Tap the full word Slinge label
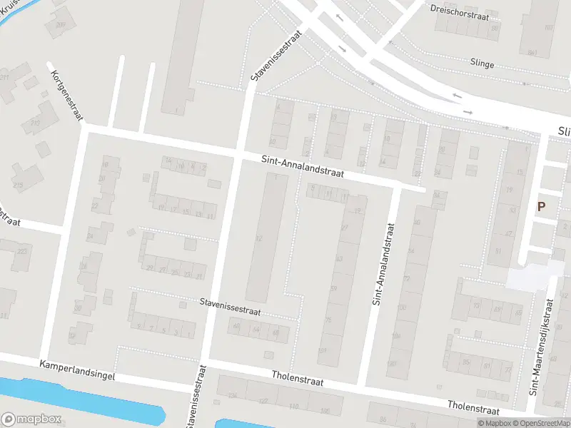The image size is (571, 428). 482,64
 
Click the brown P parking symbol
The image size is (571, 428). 541,207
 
